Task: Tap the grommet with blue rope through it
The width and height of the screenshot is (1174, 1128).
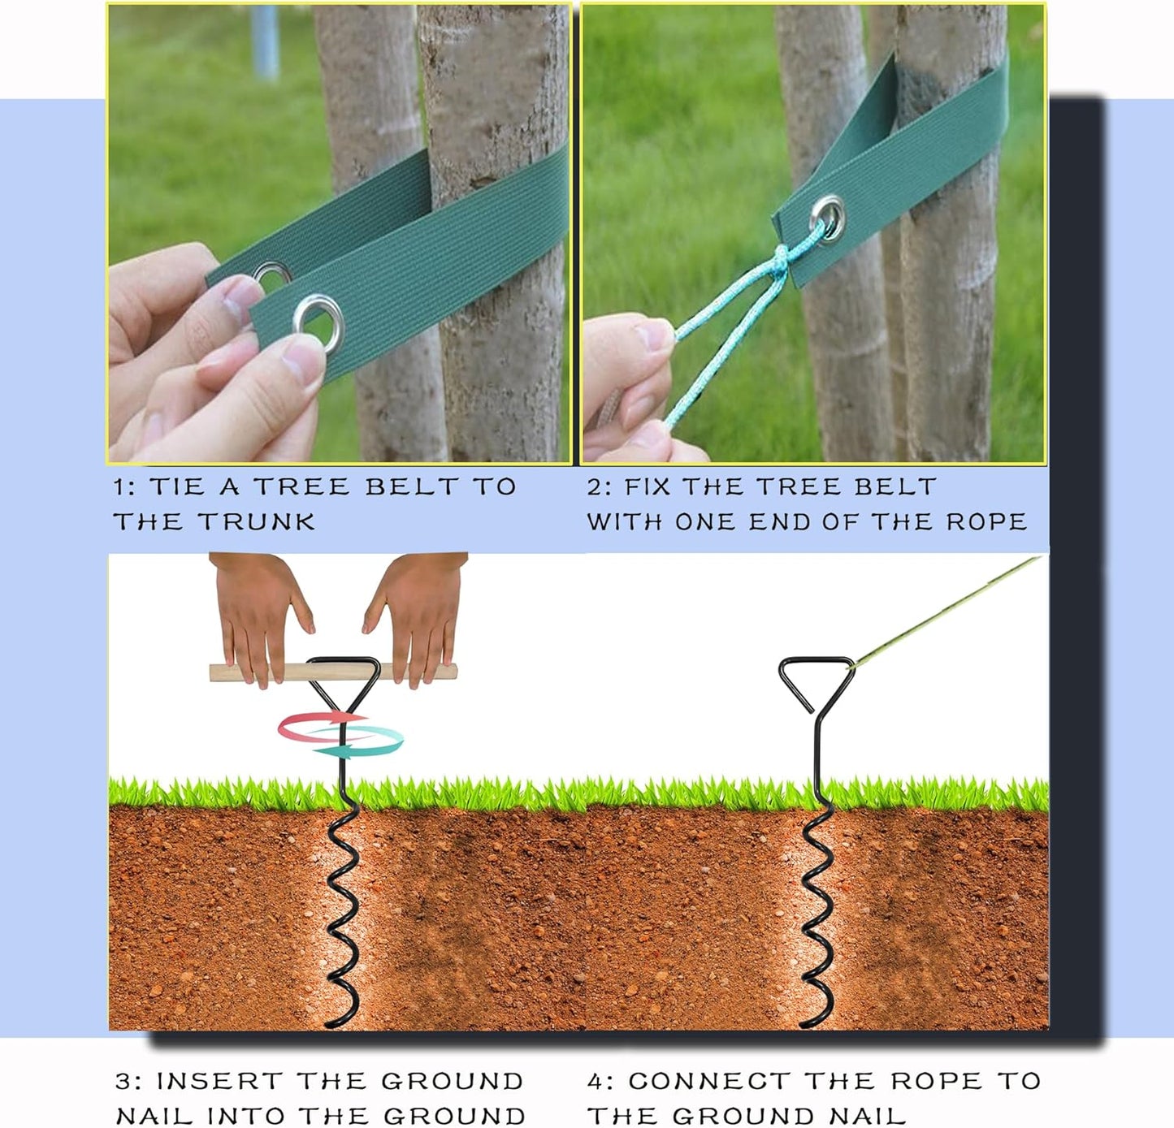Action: [x=828, y=217]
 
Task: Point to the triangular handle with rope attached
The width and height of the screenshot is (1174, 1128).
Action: [x=815, y=681]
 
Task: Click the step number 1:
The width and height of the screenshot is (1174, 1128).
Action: [x=125, y=487]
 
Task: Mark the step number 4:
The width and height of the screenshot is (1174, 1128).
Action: [x=600, y=1082]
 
